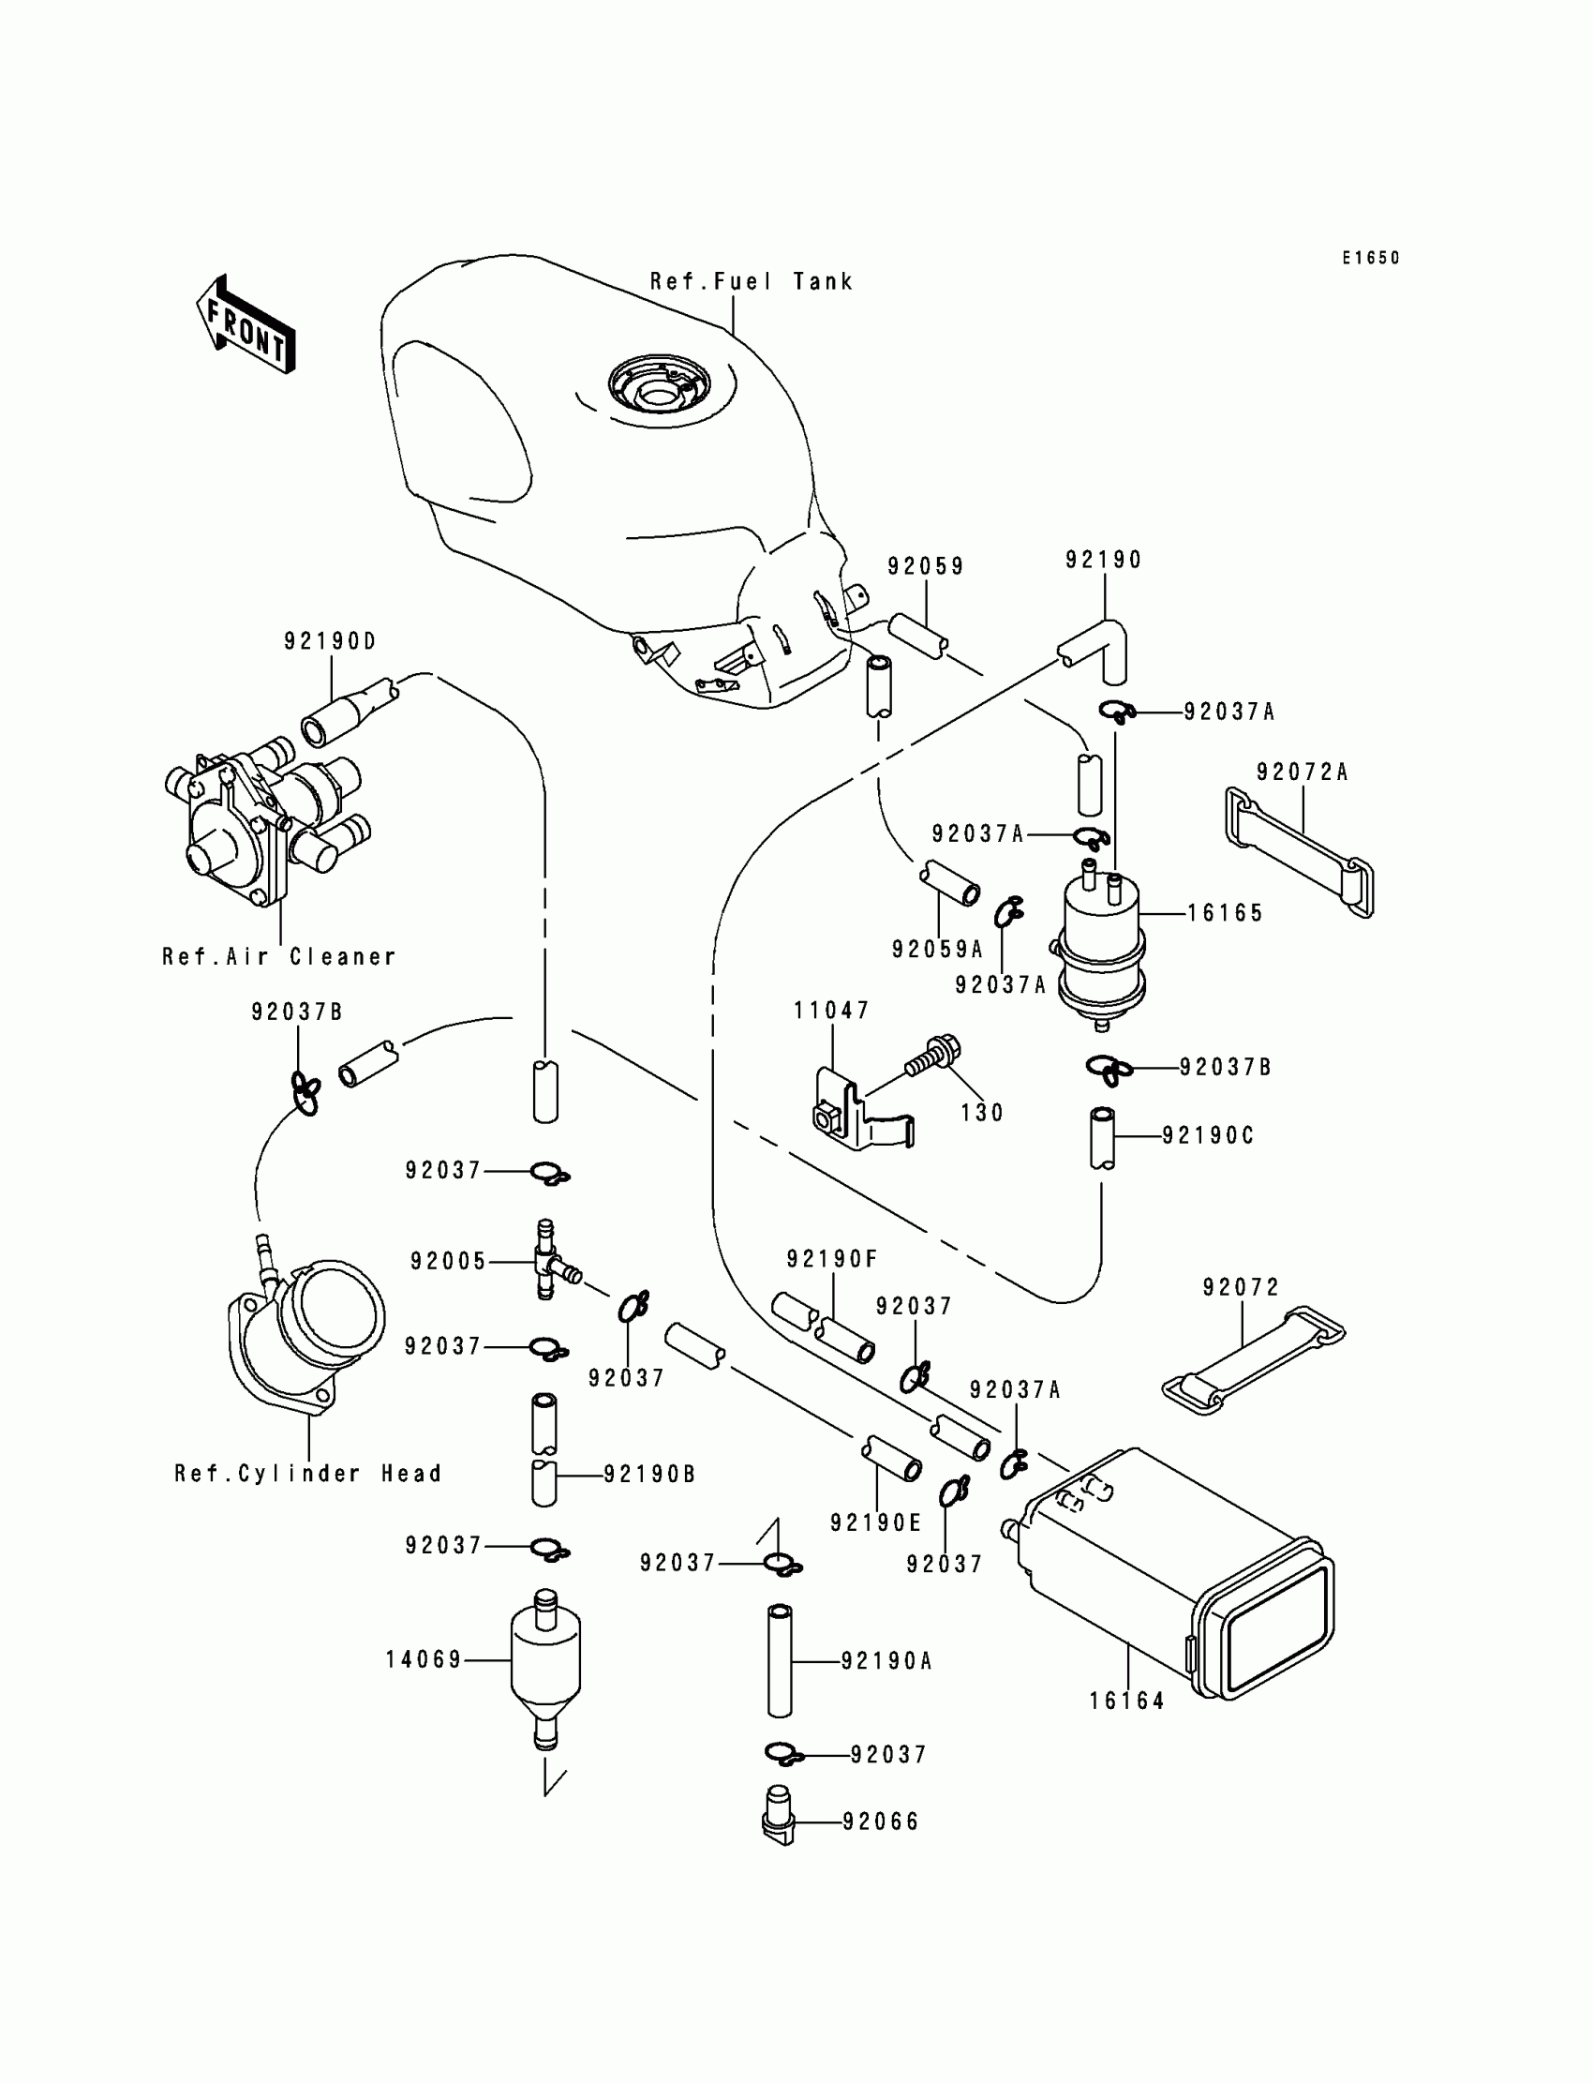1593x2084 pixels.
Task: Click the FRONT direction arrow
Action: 246,325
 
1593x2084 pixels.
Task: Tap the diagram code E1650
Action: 1370,258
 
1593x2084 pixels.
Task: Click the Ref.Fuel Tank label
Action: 751,282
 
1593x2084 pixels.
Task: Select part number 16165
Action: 1225,913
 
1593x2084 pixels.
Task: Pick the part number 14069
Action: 423,1660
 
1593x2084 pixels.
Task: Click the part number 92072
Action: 1241,1287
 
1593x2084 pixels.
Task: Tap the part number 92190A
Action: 886,1661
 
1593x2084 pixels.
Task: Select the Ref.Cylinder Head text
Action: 308,1473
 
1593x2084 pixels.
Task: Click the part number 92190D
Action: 330,641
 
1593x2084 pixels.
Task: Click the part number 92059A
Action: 937,949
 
